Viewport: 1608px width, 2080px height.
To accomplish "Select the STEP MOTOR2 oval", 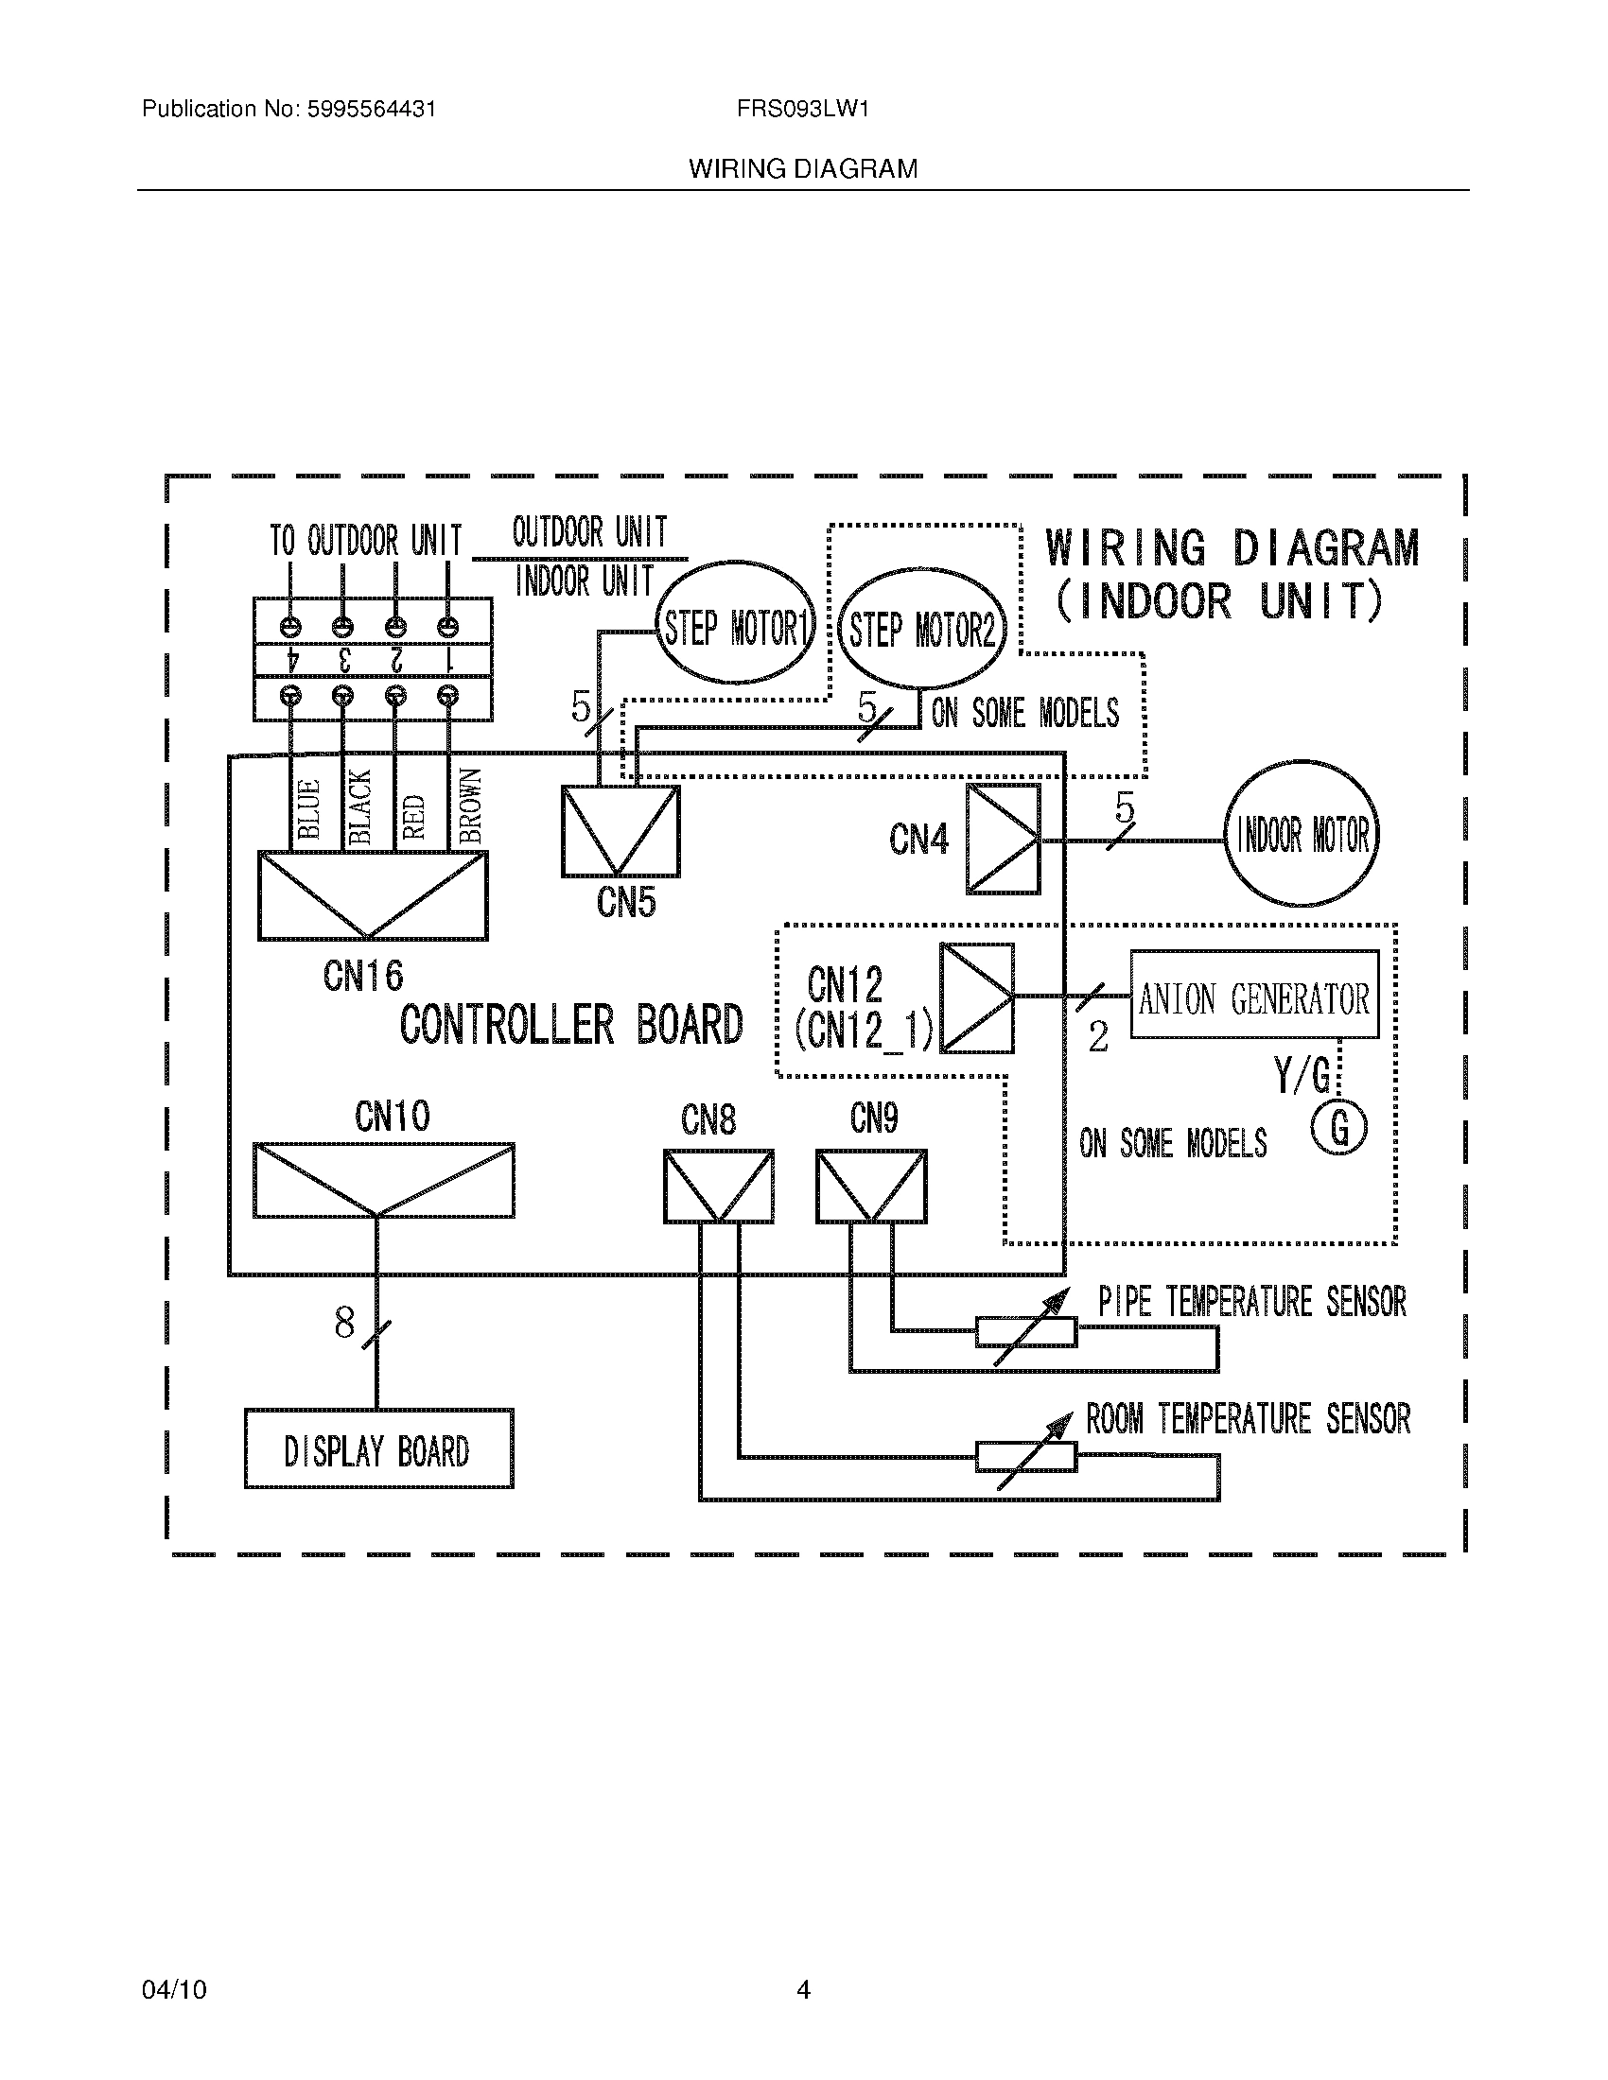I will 922,630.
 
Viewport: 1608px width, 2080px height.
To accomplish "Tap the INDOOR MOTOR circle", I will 1302,835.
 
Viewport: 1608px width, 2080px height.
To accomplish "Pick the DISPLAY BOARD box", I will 378,1451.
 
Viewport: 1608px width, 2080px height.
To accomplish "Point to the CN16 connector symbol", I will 373,895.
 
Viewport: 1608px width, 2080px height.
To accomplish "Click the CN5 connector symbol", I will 620,831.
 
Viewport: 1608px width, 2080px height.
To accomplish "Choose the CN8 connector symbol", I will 718,1187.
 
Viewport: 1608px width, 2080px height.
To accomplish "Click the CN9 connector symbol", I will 870,1187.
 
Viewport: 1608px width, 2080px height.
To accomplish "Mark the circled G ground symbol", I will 1338,1129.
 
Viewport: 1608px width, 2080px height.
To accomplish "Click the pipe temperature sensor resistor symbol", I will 1026,1331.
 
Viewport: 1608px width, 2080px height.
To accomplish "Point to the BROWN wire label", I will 471,807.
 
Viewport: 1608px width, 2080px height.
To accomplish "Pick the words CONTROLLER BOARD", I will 571,1025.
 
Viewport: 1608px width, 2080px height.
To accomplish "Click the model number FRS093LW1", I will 802,110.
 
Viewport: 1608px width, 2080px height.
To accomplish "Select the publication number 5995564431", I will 372,110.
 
